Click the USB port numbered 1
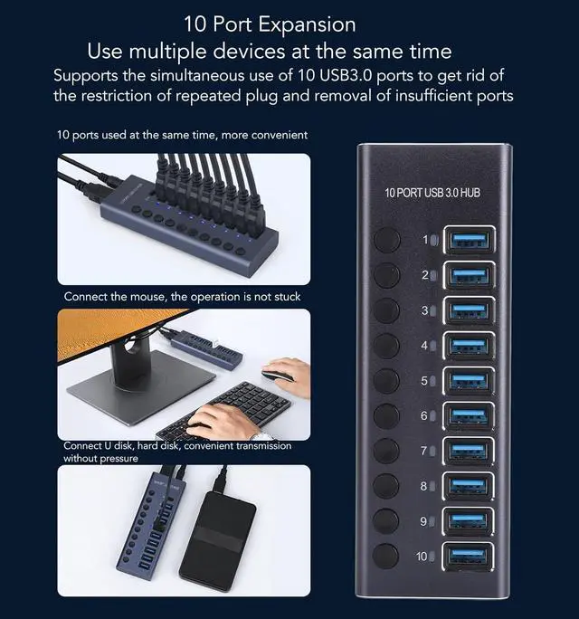pos(468,240)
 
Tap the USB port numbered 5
pos(468,380)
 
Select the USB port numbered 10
pos(468,557)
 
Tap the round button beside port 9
pos(386,520)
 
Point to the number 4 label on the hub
pos(423,346)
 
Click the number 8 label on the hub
pos(423,486)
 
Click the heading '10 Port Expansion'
pos(270,23)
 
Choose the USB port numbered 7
pos(468,451)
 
